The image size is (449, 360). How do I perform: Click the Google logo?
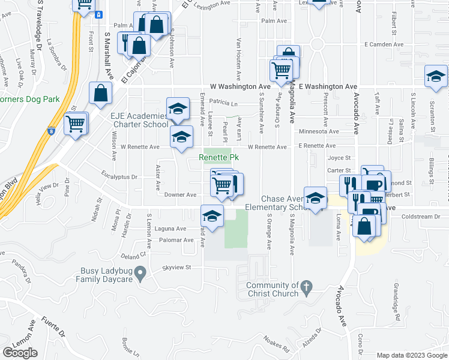[x=20, y=352]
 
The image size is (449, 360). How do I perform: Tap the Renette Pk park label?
[x=219, y=158]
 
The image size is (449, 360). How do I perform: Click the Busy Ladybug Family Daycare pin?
[x=140, y=274]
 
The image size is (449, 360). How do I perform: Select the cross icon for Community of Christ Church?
[x=306, y=289]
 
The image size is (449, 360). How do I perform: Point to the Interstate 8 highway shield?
[x=52, y=130]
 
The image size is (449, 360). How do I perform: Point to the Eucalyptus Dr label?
[x=120, y=177]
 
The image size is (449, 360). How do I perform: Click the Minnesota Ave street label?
[x=319, y=131]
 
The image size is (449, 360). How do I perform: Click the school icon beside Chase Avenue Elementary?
[x=315, y=199]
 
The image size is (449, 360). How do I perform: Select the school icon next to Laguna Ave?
[x=212, y=215]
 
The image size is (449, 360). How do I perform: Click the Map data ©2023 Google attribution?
[x=412, y=355]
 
